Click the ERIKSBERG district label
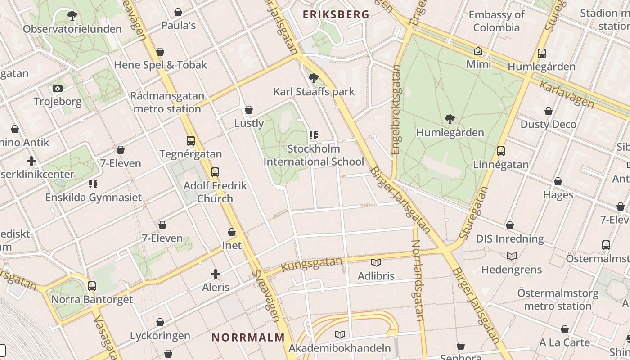[x=336, y=14]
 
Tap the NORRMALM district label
[x=248, y=337]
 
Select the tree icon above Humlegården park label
[x=450, y=119]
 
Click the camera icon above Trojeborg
[x=58, y=88]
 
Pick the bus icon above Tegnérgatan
[x=191, y=140]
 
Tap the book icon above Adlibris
[x=376, y=262]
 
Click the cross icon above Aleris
[x=216, y=274]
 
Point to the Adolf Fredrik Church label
[x=215, y=192]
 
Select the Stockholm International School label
[x=314, y=155]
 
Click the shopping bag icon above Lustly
[x=249, y=110]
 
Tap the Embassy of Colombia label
[x=496, y=21]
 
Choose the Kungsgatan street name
[x=312, y=264]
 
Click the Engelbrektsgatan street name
[x=396, y=110]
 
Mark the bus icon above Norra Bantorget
[x=92, y=286]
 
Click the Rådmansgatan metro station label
[x=167, y=102]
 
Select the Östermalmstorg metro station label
[x=558, y=300]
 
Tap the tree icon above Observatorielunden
[x=72, y=16]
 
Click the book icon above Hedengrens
[x=512, y=256]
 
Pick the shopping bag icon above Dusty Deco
[x=549, y=111]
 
